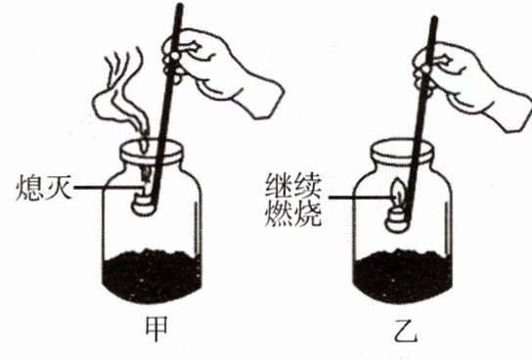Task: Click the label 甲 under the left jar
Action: point(156,329)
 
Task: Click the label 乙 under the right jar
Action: point(406,330)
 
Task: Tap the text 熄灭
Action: point(44,187)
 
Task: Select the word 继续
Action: point(293,186)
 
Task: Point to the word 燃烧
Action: point(293,212)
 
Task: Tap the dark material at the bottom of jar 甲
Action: point(152,276)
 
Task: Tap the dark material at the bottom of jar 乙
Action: point(403,276)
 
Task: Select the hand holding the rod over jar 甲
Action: point(217,71)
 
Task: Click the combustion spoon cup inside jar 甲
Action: point(144,203)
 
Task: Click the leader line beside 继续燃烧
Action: point(360,198)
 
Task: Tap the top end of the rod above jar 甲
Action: point(180,6)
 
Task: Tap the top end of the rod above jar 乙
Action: point(434,19)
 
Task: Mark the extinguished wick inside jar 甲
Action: point(147,176)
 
